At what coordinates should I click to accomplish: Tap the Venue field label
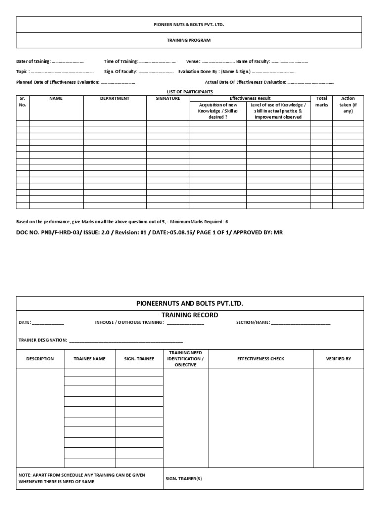[x=193, y=61]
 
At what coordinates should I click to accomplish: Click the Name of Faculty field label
[x=253, y=61]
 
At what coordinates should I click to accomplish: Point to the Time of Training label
[x=121, y=61]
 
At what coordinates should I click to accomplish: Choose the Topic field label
[x=23, y=72]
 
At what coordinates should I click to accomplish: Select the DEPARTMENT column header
[x=115, y=98]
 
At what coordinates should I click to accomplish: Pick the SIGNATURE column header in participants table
[x=168, y=98]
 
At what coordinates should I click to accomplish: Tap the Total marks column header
[x=322, y=102]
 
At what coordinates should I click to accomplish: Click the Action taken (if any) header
[x=348, y=105]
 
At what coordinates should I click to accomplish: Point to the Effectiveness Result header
[x=250, y=98]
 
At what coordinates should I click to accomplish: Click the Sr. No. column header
[x=22, y=102]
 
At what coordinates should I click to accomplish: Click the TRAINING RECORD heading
[x=190, y=315]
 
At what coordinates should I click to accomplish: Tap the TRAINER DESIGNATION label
[x=43, y=340]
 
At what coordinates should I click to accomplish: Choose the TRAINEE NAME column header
[x=90, y=359]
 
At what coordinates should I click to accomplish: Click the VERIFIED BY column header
[x=338, y=359]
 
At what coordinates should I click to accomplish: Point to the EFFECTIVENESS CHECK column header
[x=261, y=359]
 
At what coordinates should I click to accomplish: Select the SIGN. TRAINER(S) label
[x=184, y=478]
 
